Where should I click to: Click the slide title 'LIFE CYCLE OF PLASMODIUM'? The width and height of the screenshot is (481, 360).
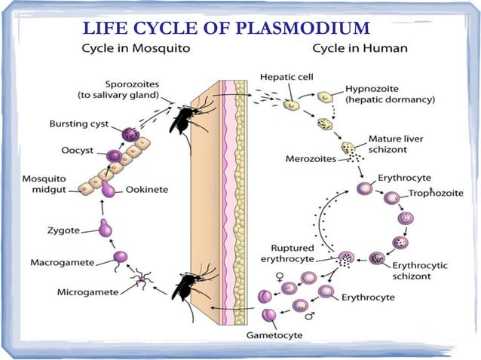(x=226, y=29)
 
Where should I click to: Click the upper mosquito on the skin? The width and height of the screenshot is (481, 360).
(x=184, y=120)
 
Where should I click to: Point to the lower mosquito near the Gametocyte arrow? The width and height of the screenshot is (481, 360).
(x=185, y=286)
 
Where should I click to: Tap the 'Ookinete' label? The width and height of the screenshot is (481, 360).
(x=146, y=189)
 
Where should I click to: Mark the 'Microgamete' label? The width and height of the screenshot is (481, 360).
(x=86, y=291)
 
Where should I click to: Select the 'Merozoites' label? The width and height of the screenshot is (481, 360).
(x=306, y=159)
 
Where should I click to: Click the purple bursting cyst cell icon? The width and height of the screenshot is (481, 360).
(x=130, y=136)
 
